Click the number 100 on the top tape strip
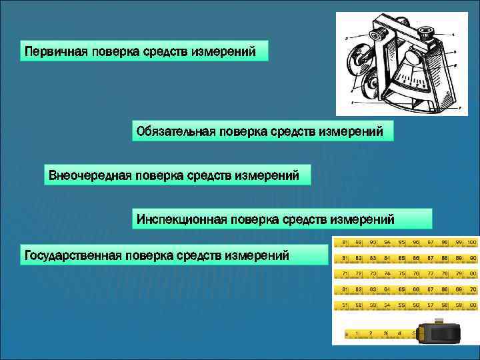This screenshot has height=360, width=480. click(x=471, y=241)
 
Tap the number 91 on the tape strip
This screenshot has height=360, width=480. click(x=345, y=241)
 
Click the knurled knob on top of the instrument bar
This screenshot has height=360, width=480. click(x=425, y=31)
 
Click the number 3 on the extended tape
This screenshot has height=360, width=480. click(x=385, y=333)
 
